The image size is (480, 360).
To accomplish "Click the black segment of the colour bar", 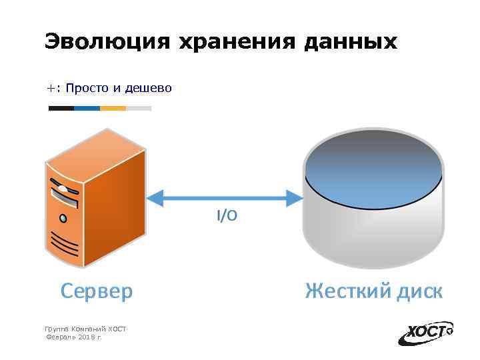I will pyautogui.click(x=61, y=108).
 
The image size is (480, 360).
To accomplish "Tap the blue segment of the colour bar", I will pyautogui.click(x=87, y=108).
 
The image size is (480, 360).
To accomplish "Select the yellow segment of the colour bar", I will pyautogui.click(x=113, y=108).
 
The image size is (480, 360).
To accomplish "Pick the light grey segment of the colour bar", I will pyautogui.click(x=139, y=108).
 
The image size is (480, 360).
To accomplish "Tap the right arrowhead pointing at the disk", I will pyautogui.click(x=295, y=197).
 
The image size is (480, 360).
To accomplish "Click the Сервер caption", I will pyautogui.click(x=96, y=291).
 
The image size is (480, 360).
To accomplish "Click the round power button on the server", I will pyautogui.click(x=63, y=218).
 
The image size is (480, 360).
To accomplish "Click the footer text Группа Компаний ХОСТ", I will pyautogui.click(x=85, y=329).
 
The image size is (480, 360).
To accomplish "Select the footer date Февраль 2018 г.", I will pyautogui.click(x=73, y=338).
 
